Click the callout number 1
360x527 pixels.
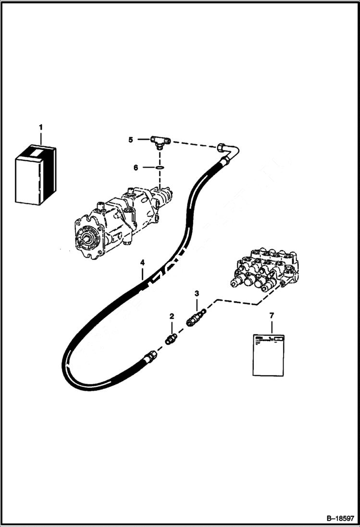click(41, 127)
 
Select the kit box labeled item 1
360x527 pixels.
click(36, 174)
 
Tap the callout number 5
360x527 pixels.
click(130, 140)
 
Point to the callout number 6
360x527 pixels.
click(136, 168)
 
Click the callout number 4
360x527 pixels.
click(142, 262)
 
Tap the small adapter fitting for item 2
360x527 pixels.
click(170, 341)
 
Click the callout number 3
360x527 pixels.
click(196, 293)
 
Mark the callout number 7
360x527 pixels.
click(272, 315)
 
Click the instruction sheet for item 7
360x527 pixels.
click(268, 355)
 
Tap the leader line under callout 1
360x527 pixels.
click(41, 138)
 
